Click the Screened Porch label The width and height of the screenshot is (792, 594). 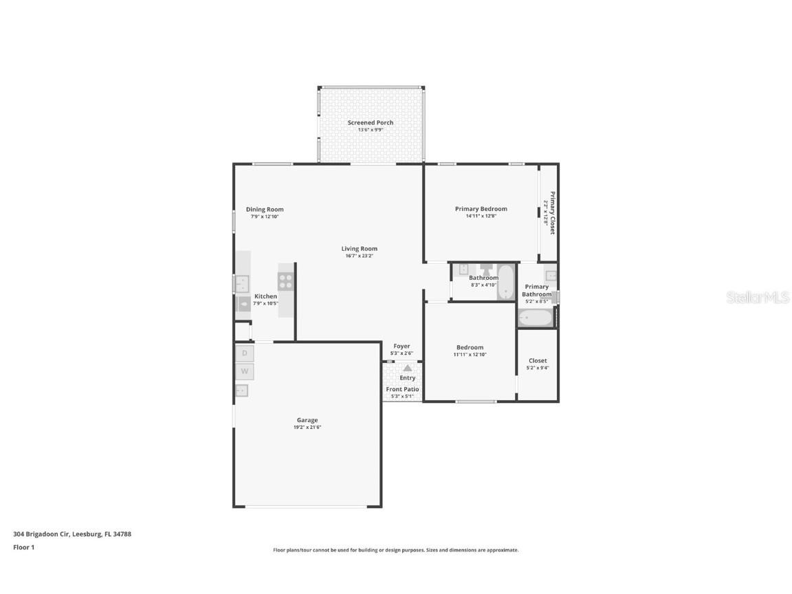371,122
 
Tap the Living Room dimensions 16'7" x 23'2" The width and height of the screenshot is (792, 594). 360,256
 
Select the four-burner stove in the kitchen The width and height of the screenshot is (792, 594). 285,281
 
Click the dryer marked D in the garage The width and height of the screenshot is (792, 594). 244,353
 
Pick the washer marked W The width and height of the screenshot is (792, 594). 244,372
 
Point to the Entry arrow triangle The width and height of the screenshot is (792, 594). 407,368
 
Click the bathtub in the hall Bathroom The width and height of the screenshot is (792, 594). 506,283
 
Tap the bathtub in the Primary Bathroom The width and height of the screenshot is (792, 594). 535,318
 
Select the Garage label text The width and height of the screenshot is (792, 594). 307,420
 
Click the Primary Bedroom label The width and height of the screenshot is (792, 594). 481,209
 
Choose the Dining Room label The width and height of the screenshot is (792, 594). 265,210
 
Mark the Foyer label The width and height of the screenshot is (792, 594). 401,346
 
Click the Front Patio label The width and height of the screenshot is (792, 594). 402,389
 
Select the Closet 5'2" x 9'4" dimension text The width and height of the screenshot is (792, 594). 538,368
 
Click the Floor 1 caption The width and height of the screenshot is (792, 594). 23,547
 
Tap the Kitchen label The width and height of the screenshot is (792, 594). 265,296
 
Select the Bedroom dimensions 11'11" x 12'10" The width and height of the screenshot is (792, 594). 470,355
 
